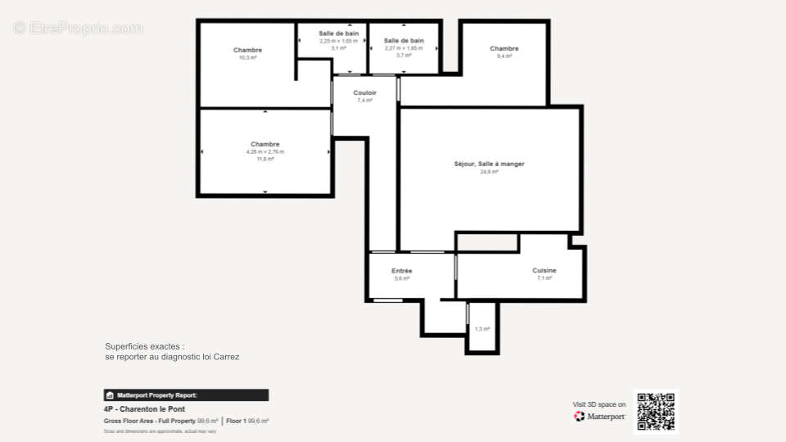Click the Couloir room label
pyautogui.click(x=364, y=92)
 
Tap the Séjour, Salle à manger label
pyautogui.click(x=489, y=165)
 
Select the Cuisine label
pyautogui.click(x=544, y=270)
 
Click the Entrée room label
pyautogui.click(x=401, y=271)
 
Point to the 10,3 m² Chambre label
pyautogui.click(x=247, y=50)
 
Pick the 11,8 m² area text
pyautogui.click(x=265, y=159)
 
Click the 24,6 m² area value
pyautogui.click(x=490, y=172)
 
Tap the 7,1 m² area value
pyautogui.click(x=544, y=278)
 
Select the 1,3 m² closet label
pyautogui.click(x=481, y=329)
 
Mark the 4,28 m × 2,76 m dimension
pyautogui.click(x=265, y=151)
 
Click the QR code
pyautogui.click(x=656, y=411)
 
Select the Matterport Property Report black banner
pyautogui.click(x=186, y=395)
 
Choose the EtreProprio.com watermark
pyautogui.click(x=79, y=28)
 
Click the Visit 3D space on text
pyautogui.click(x=599, y=404)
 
